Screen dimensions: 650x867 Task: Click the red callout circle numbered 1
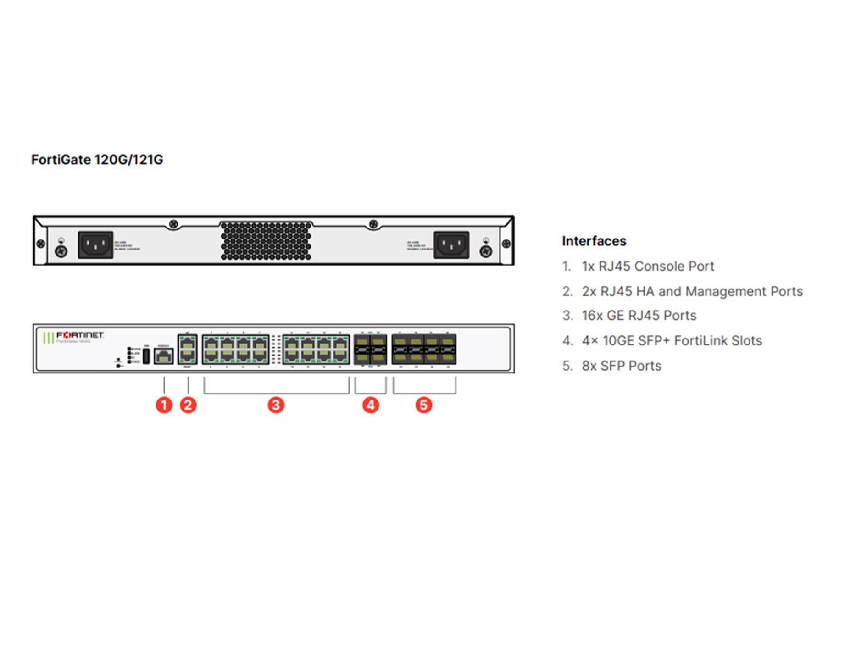click(164, 405)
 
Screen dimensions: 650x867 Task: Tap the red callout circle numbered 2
click(188, 405)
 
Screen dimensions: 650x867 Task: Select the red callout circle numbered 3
click(276, 405)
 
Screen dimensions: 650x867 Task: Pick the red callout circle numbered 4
click(371, 405)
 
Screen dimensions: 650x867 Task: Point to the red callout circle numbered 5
click(424, 405)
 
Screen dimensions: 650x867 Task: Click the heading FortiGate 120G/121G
click(97, 160)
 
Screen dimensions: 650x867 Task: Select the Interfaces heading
click(594, 241)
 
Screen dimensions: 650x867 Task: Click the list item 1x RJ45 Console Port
click(647, 266)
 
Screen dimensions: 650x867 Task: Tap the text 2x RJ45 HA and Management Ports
click(692, 291)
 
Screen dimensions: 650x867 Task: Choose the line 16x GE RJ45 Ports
click(639, 316)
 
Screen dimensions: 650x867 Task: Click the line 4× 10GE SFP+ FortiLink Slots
click(672, 340)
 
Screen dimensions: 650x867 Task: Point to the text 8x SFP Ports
click(621, 366)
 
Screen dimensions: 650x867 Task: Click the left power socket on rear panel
click(95, 244)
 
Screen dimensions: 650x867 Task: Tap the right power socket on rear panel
click(451, 244)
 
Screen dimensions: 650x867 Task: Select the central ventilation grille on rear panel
click(266, 240)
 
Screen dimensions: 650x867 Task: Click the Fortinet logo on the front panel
click(79, 335)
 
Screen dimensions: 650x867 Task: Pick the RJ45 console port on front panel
click(163, 356)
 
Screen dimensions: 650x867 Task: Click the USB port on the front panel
click(146, 356)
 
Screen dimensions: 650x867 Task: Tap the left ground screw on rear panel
click(61, 251)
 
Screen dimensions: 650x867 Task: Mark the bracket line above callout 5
click(424, 393)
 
